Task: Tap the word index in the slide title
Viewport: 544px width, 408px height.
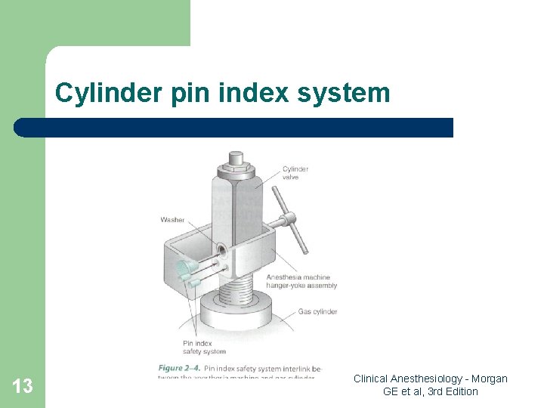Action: [253, 93]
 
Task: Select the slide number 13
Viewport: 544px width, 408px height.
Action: [23, 387]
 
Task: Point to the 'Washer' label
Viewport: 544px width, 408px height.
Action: [172, 220]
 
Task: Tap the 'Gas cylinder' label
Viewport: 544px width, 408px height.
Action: [317, 311]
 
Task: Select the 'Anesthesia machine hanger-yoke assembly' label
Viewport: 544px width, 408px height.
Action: [301, 281]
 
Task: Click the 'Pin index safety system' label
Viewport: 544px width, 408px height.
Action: [204, 347]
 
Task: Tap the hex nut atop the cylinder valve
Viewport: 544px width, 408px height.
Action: [236, 159]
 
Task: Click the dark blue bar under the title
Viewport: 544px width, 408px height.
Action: [234, 127]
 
